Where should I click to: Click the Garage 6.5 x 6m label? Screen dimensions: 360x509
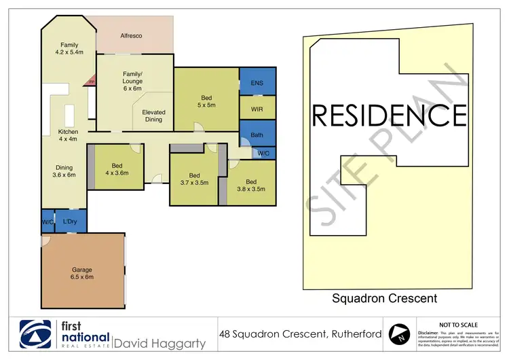82,273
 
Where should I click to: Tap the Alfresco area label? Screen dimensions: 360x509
131,35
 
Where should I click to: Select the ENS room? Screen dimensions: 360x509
257,83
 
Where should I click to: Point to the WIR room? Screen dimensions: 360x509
257,108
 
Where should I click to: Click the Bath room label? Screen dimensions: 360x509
257,134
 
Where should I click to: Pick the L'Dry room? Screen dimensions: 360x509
69,221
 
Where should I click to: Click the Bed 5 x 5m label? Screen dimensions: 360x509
206,101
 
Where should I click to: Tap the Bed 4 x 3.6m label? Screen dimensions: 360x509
117,169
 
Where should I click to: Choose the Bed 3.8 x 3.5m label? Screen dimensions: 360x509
251,185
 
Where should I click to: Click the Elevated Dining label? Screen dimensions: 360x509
153,115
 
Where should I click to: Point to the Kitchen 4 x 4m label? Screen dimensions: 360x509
68,134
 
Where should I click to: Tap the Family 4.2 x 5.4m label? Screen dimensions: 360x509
69,48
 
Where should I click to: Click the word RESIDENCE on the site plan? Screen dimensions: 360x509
389,115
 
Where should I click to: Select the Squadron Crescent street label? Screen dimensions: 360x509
384,298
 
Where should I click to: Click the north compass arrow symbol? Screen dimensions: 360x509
400,333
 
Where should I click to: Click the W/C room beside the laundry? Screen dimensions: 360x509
48,221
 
